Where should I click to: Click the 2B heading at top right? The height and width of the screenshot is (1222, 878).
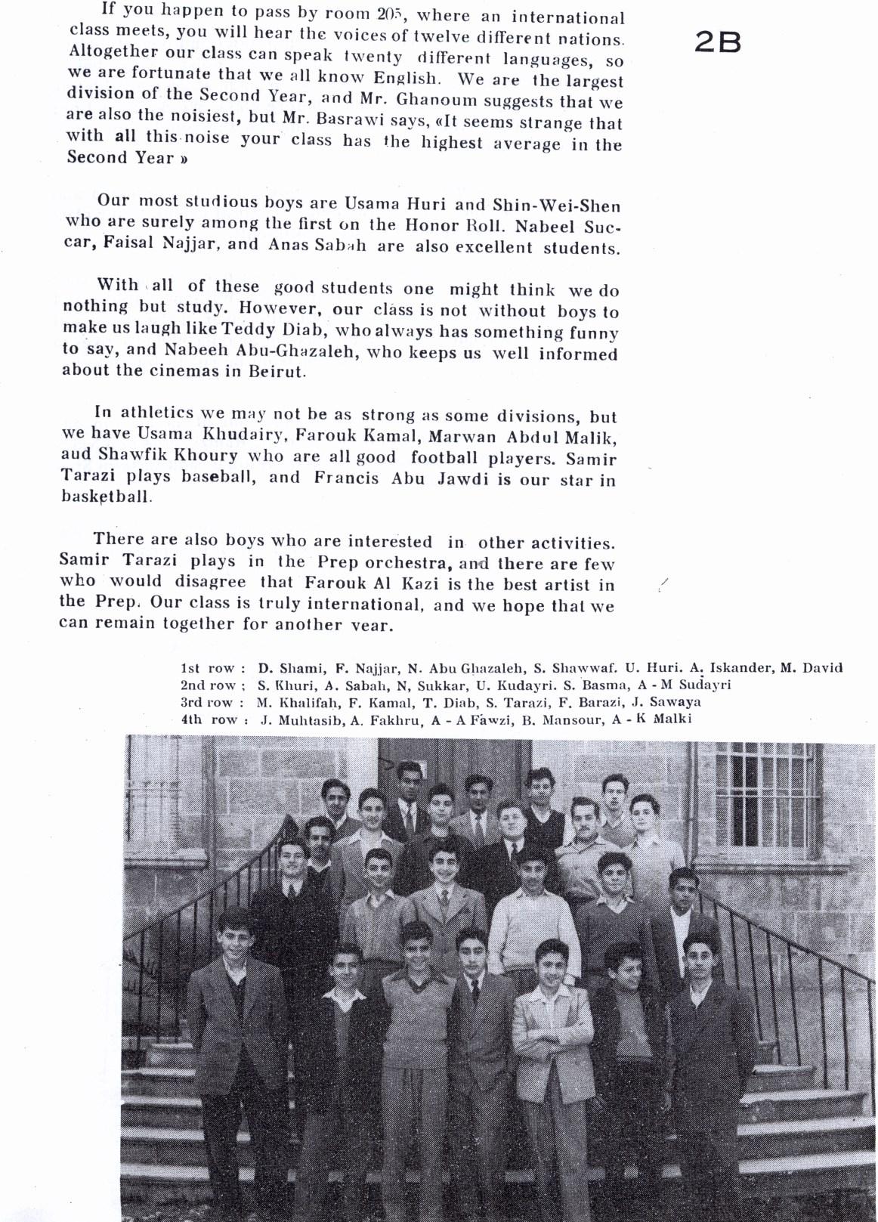(717, 43)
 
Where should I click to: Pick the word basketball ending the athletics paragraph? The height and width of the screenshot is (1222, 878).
(107, 497)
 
